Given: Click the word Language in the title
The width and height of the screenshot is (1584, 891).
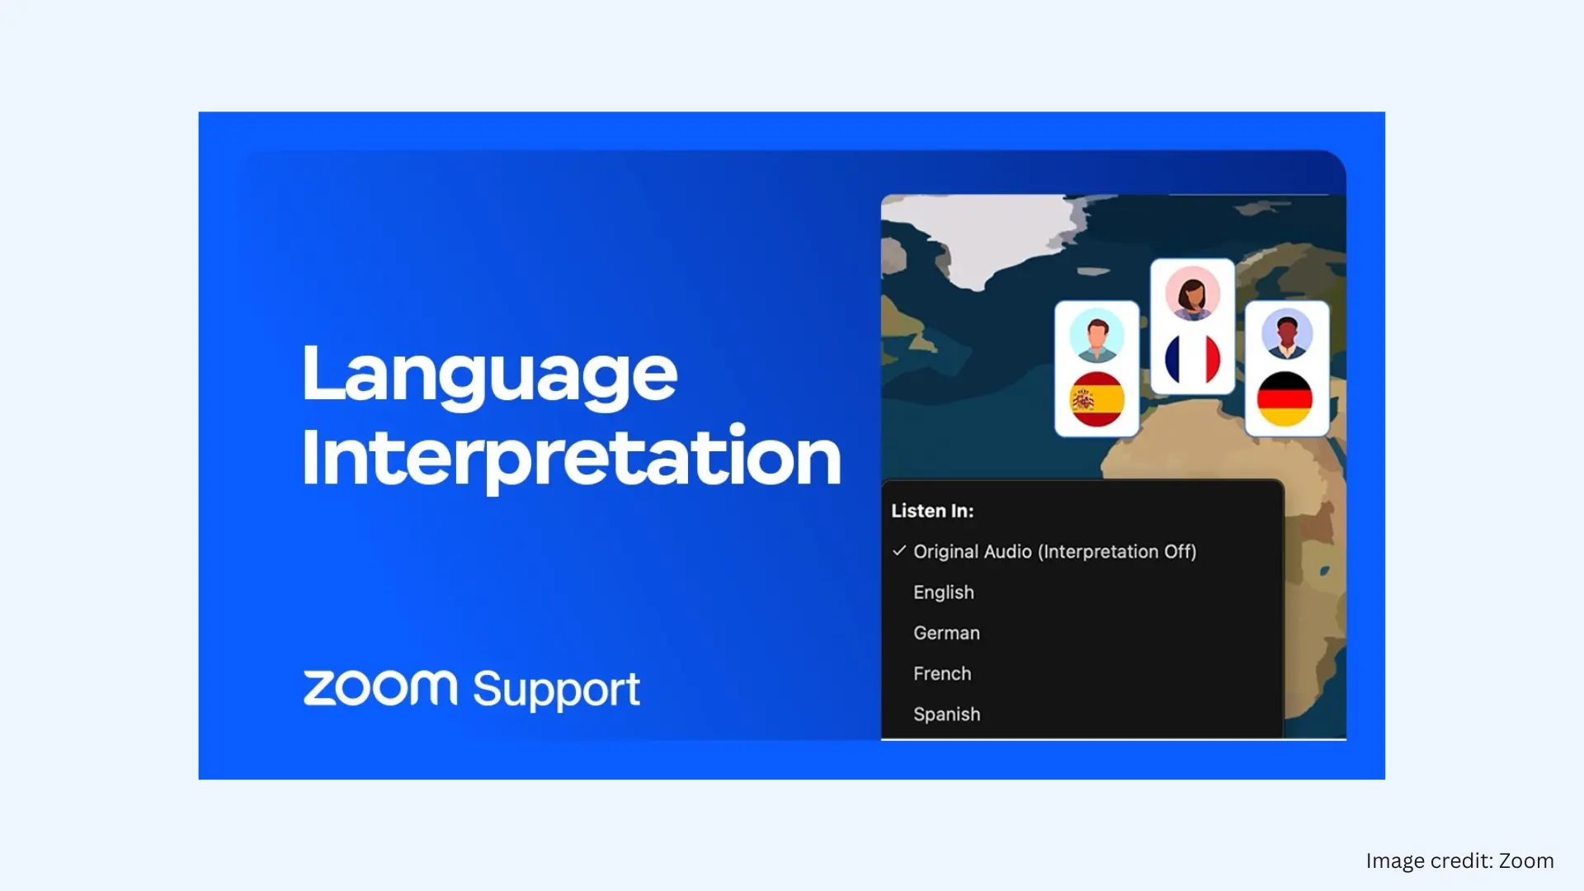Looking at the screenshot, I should [x=489, y=374].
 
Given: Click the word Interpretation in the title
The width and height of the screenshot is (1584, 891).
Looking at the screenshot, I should [x=571, y=456].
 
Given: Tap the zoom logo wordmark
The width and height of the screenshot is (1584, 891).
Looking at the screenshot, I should [x=379, y=688].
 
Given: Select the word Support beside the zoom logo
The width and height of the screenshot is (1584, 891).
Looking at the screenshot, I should [x=556, y=690].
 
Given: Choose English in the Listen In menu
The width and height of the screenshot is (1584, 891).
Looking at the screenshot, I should [x=943, y=592].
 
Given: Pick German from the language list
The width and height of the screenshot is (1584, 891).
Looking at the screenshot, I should [x=946, y=633].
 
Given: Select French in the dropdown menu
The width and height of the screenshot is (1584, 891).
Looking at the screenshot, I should [x=941, y=673].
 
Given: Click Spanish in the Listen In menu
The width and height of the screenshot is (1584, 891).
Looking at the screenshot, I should [x=946, y=714].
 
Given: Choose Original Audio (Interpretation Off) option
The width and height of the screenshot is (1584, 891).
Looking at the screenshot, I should [x=1054, y=551].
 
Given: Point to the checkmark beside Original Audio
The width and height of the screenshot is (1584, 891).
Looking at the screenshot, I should [x=899, y=550].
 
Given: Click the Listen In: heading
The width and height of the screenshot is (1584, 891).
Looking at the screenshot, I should [x=932, y=511].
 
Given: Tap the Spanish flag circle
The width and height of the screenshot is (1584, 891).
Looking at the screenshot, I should [x=1096, y=399].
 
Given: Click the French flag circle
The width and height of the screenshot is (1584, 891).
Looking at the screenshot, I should [x=1192, y=360].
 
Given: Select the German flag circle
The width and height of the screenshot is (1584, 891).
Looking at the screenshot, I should [x=1285, y=399].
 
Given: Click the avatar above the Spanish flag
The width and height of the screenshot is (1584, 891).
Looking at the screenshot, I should [x=1096, y=336].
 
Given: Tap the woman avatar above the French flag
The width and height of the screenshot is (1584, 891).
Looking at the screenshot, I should [x=1192, y=294].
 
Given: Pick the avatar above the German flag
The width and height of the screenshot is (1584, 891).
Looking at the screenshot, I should [x=1286, y=334].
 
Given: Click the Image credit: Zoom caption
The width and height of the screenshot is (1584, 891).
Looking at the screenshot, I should [x=1459, y=860].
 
